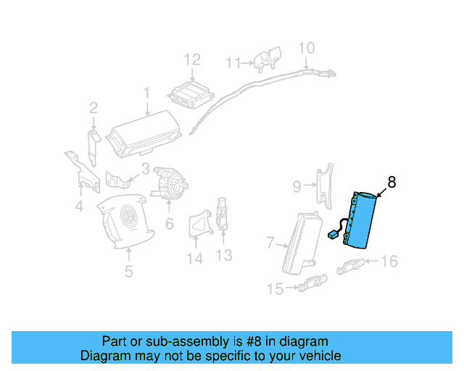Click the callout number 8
(391, 183)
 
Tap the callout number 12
(191, 59)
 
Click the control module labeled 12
(189, 95)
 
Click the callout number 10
(307, 49)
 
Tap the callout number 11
(233, 63)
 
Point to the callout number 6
(169, 224)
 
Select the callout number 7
(270, 241)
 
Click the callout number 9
(297, 187)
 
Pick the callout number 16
(389, 261)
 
